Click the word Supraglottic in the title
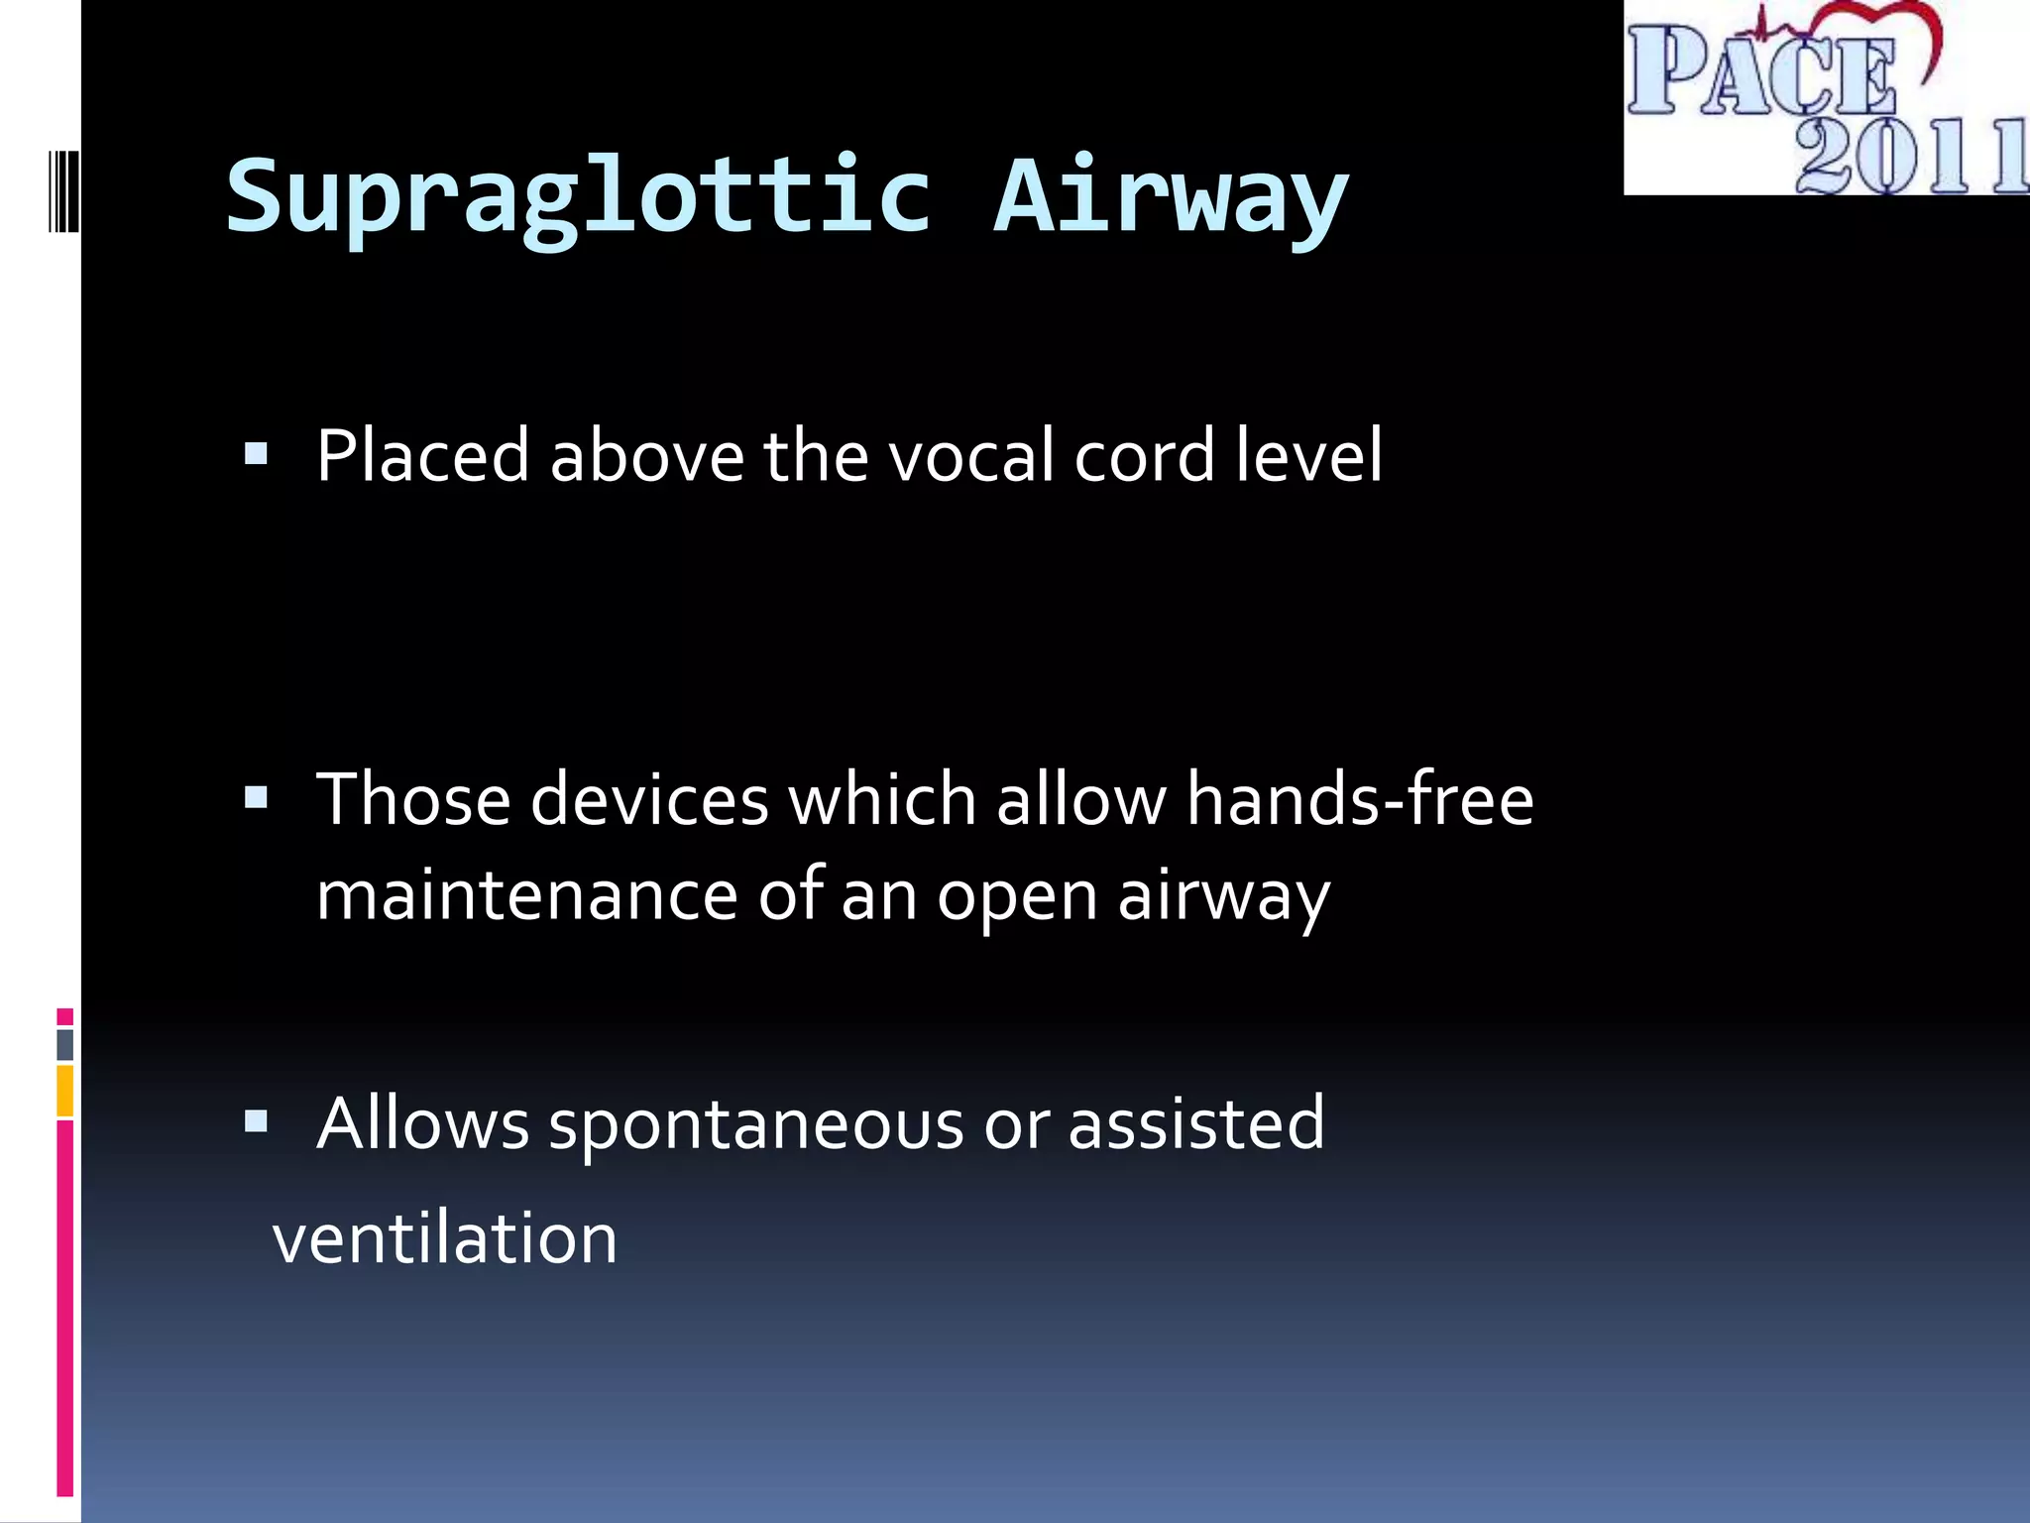point(578,198)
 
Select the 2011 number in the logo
point(1908,156)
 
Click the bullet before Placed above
point(256,454)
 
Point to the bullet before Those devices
point(256,797)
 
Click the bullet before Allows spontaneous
point(256,1121)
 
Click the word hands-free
point(1359,799)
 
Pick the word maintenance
point(526,894)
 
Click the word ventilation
point(445,1238)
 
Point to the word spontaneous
point(756,1124)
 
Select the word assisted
point(1195,1123)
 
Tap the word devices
point(649,799)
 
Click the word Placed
point(422,455)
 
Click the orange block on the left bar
point(64,1090)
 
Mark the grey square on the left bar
point(64,1044)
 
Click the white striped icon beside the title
point(63,190)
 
